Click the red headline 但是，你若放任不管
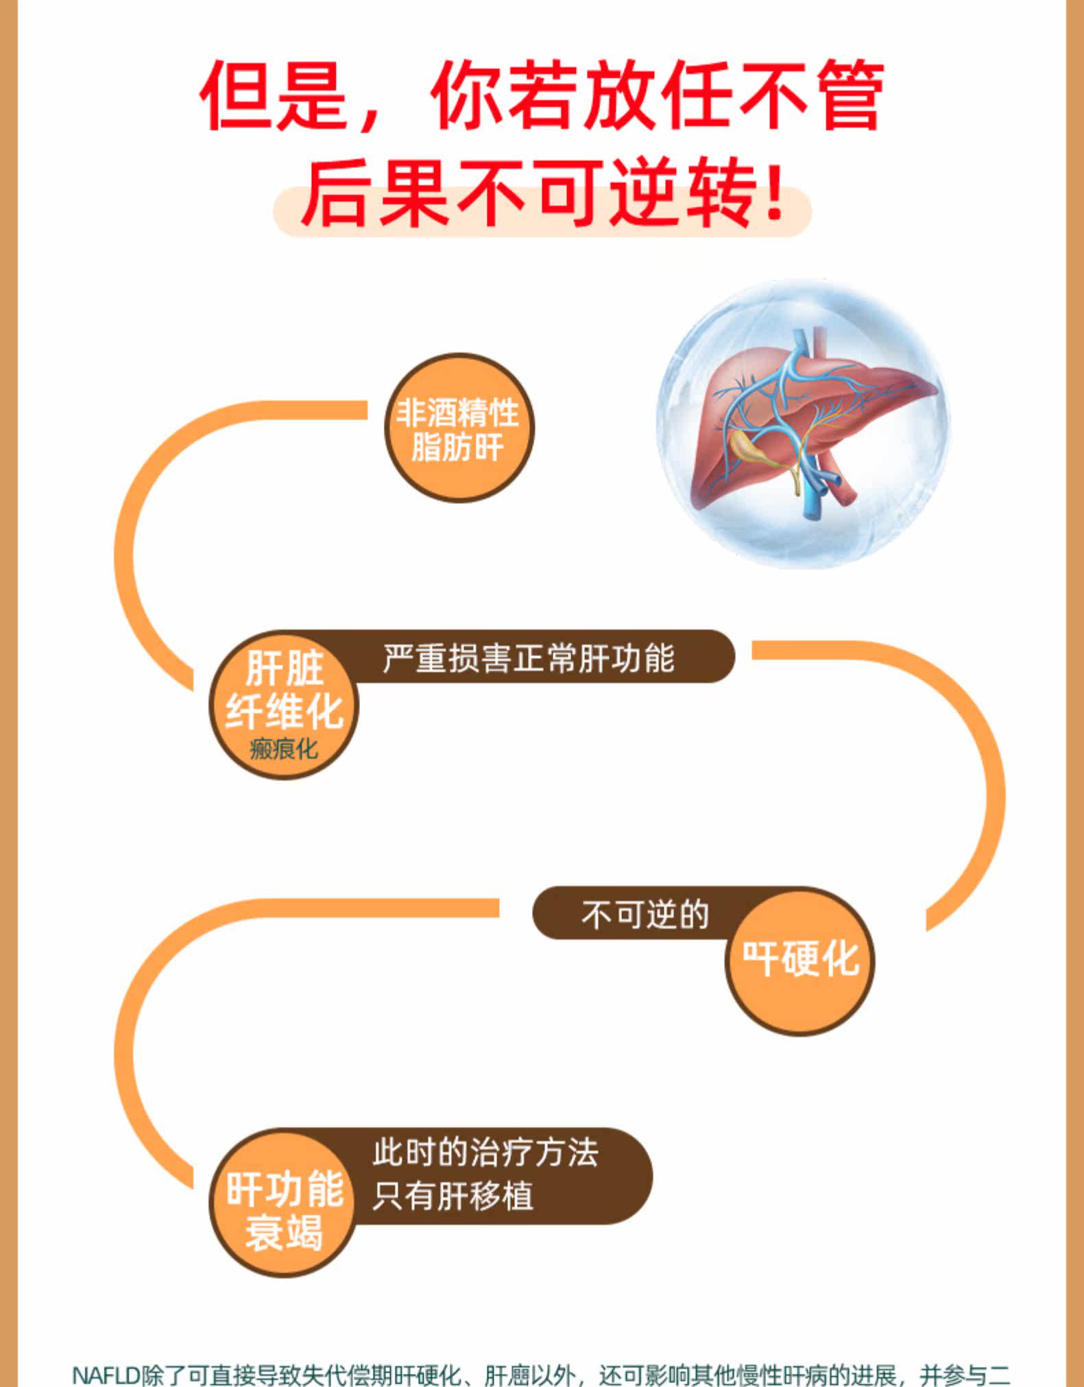click(542, 96)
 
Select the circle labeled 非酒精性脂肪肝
click(458, 429)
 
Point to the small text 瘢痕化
click(284, 748)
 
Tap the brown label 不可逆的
click(645, 915)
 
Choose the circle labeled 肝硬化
click(800, 960)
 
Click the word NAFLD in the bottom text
click(106, 1375)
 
